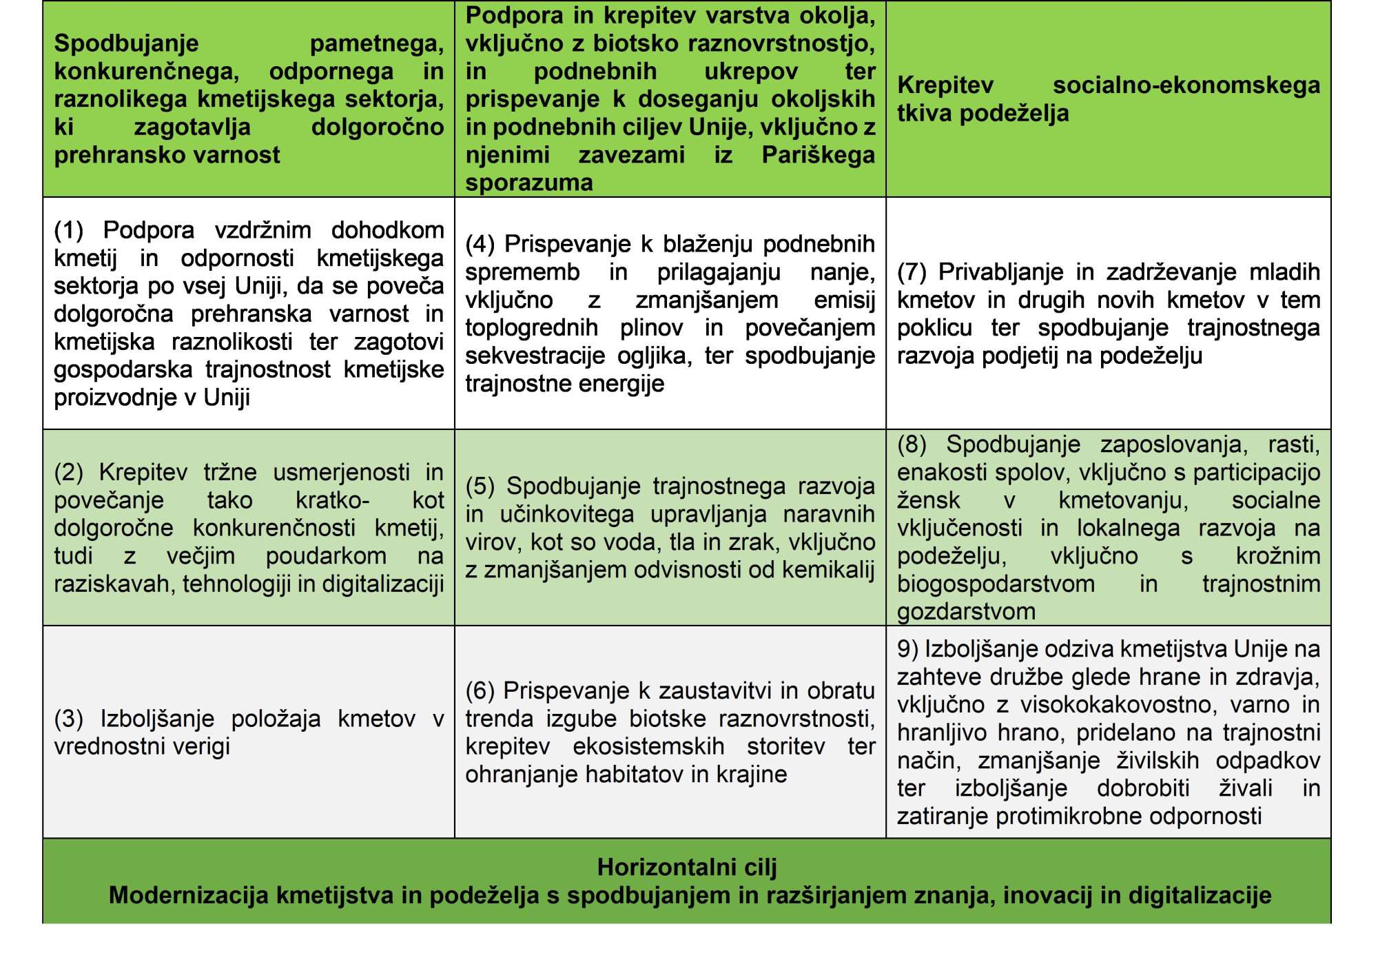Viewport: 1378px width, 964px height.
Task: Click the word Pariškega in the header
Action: [x=818, y=154]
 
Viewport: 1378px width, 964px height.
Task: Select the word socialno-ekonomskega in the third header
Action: [x=1186, y=85]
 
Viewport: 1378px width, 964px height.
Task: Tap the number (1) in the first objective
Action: [x=68, y=230]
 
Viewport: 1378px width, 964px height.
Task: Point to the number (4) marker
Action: [x=480, y=244]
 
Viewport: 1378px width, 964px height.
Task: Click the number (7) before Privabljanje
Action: [x=912, y=272]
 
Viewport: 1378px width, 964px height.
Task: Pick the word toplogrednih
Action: [x=531, y=328]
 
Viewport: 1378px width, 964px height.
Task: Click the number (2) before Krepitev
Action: [x=68, y=473]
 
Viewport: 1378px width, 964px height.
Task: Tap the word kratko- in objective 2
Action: [x=332, y=500]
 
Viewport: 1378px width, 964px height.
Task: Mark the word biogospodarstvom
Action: [x=996, y=584]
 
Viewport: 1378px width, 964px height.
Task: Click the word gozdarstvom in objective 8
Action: [x=967, y=611]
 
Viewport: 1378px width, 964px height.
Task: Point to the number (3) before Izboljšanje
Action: [x=68, y=719]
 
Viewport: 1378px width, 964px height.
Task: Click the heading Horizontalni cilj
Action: [x=686, y=867]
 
